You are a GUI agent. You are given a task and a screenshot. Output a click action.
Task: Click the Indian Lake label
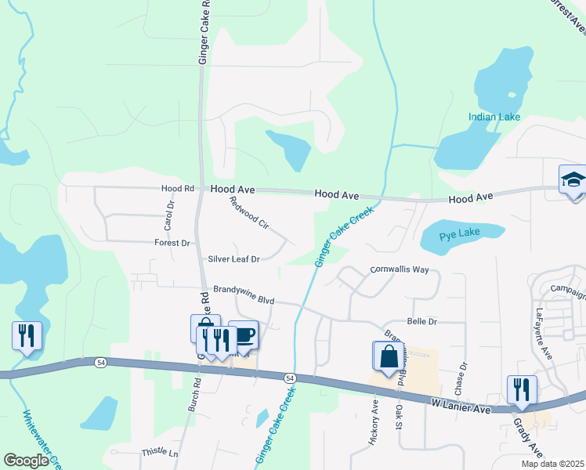click(494, 117)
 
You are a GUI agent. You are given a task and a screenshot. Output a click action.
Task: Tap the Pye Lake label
click(458, 234)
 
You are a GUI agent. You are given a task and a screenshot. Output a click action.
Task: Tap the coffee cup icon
click(244, 334)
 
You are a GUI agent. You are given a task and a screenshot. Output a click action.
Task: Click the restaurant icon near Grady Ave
click(522, 389)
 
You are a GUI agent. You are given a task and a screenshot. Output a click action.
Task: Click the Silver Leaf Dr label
click(233, 258)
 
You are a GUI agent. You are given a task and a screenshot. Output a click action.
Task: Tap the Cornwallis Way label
click(399, 269)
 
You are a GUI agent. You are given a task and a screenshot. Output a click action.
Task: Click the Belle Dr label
click(421, 322)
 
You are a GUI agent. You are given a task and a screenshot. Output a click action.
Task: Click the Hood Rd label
click(177, 189)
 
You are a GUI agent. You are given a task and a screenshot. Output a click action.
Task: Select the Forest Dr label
click(172, 244)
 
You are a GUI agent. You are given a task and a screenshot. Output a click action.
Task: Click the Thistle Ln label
click(160, 454)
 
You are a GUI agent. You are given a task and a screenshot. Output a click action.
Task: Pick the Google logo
click(26, 461)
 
